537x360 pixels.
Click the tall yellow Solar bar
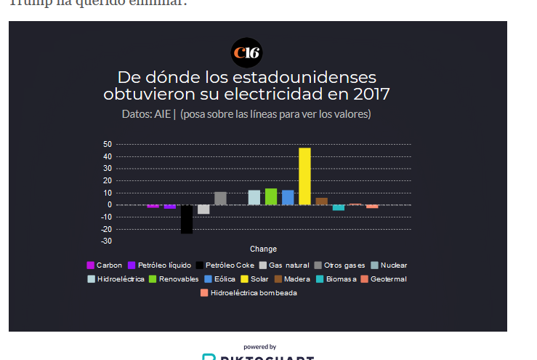coord(304,176)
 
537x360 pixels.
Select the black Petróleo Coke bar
coord(187,219)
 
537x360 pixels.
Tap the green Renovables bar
coord(271,196)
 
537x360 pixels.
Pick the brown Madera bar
coord(321,201)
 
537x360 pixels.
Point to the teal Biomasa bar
coord(339,207)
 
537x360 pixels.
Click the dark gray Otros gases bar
coord(220,198)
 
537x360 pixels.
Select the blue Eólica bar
coord(288,197)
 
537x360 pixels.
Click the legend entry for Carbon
coord(105,265)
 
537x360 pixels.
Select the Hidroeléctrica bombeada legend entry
coord(249,293)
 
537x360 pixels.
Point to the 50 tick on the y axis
coord(108,145)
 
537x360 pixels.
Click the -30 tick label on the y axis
coord(106,241)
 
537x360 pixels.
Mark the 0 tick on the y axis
coord(109,204)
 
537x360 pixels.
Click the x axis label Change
coord(263,249)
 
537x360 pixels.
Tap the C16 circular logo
coord(246,52)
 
